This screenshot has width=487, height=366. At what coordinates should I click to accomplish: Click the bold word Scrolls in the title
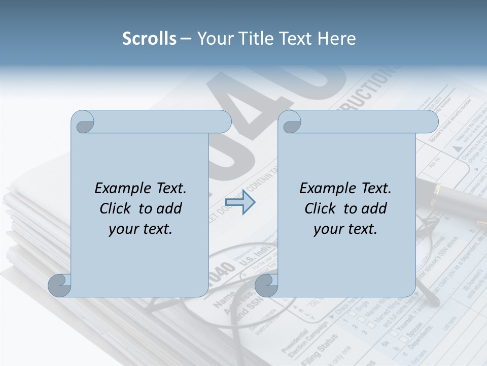coord(149,39)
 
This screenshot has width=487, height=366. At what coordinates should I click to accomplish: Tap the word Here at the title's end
coord(336,39)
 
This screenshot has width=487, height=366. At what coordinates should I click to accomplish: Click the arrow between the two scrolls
coord(240,202)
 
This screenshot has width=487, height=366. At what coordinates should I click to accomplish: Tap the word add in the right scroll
coord(374,208)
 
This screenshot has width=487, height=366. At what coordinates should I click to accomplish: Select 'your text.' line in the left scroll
coord(141,229)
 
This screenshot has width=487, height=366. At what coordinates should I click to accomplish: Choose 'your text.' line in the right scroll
coord(345,229)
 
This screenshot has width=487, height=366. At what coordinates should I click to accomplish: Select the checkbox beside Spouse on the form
coord(388,336)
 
